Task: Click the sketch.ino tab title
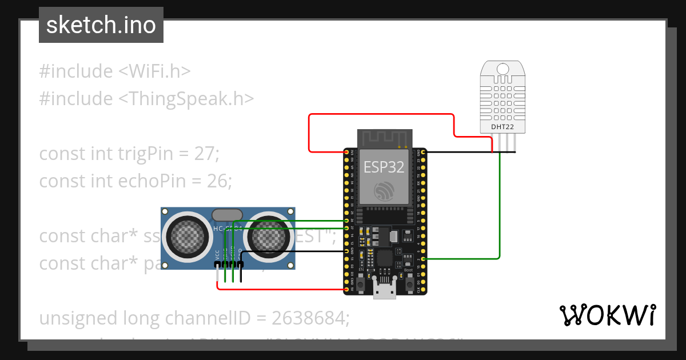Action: coord(101,25)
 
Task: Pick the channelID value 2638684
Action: coord(308,317)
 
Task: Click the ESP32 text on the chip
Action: coord(384,167)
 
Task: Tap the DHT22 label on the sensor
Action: coord(502,126)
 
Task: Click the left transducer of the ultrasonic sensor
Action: coord(187,235)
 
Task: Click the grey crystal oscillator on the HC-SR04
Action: coord(227,215)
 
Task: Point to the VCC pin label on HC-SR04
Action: coord(217,255)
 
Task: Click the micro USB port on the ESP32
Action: coord(384,290)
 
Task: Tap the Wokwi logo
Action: coord(607,315)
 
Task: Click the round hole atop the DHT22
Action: coord(502,70)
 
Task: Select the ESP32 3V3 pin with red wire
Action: coord(346,153)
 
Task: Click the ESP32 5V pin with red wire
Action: coord(346,290)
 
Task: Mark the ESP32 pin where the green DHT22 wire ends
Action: coord(422,259)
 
